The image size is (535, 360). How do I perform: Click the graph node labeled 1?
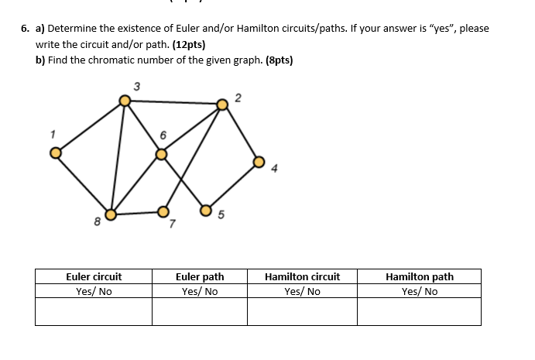55,152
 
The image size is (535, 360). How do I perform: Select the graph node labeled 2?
222,104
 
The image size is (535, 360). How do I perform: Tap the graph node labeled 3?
125,100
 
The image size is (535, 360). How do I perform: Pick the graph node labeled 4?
259,162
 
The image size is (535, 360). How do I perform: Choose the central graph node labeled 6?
161,154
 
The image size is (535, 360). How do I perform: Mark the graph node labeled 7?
163,211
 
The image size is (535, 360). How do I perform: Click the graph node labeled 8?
111,214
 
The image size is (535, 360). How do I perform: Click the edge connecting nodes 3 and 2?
173,101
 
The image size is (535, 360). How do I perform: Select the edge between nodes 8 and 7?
137,213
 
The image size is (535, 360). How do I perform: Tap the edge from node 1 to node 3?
90,125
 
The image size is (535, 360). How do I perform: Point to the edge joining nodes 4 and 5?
232,186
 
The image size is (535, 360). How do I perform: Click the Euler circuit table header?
94,276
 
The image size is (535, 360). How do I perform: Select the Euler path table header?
200,276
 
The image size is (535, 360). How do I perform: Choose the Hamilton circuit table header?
302,276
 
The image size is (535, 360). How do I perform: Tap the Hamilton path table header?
420,276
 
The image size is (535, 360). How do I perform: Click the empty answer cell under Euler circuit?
94,311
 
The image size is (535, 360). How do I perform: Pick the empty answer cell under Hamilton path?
420,311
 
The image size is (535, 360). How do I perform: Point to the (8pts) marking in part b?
279,60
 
